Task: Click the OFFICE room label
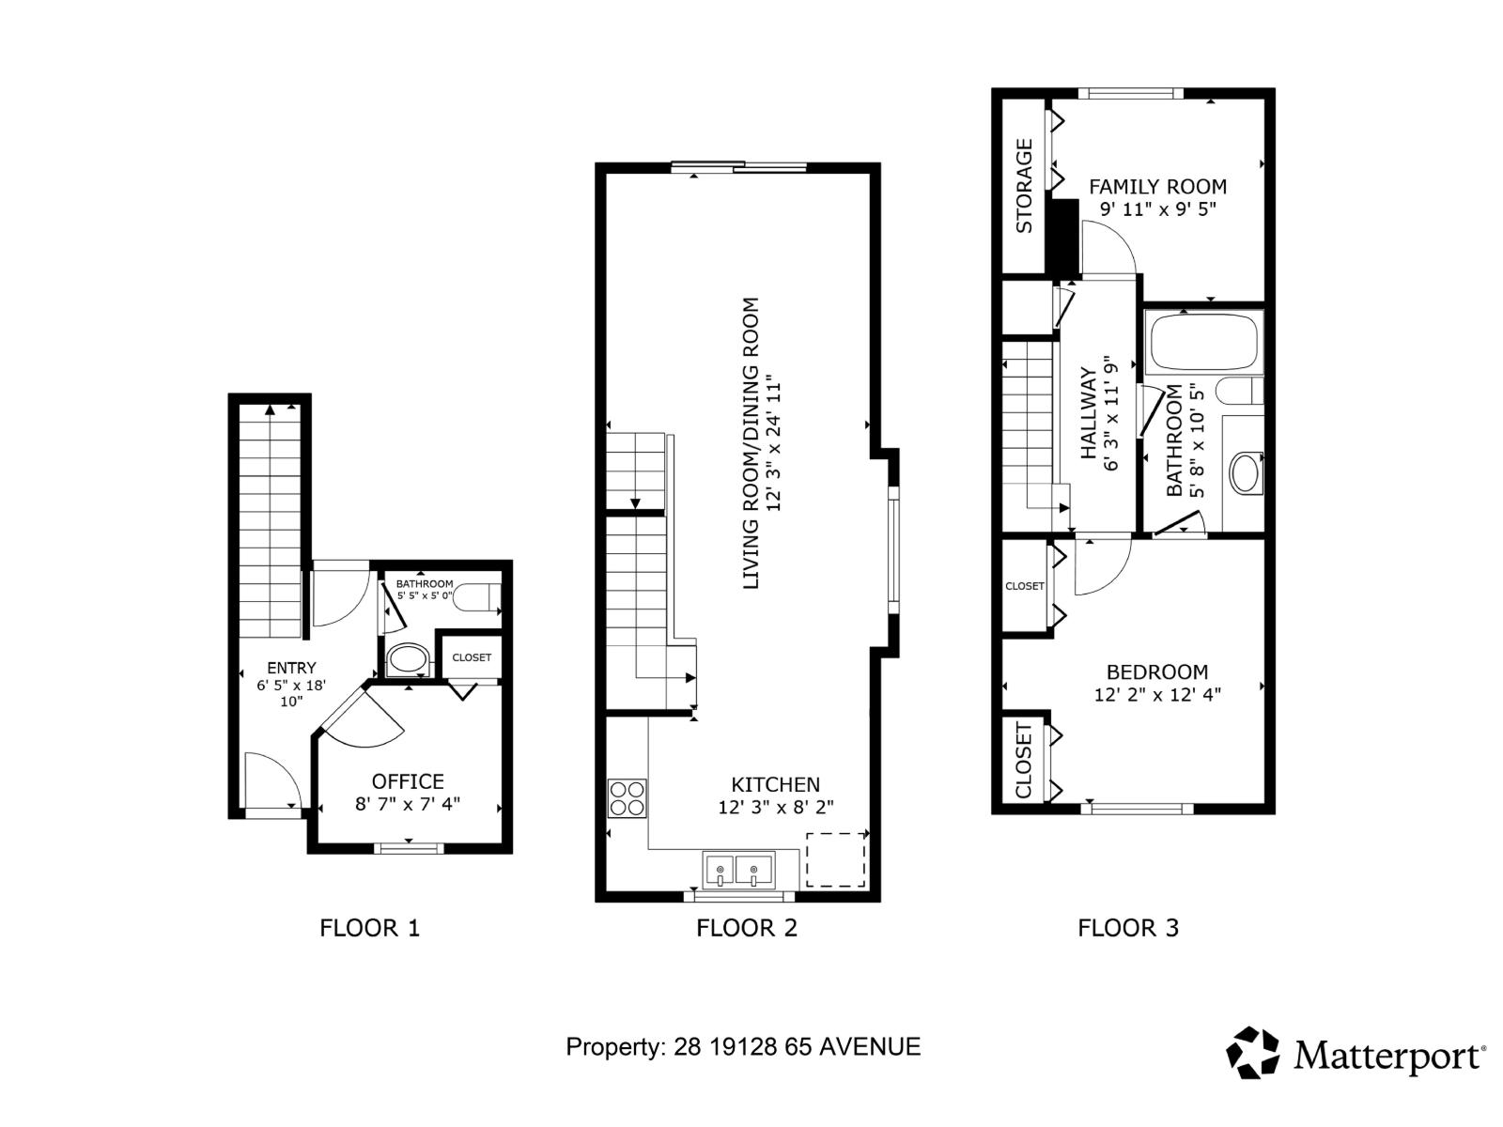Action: pos(408,781)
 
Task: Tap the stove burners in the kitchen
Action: pos(627,798)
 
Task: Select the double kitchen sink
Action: pos(738,870)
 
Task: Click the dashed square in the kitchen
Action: pos(836,859)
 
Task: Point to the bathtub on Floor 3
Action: pos(1203,343)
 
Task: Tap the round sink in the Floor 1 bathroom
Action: pos(407,659)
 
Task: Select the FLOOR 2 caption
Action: pos(747,928)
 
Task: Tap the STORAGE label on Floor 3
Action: pos(1024,186)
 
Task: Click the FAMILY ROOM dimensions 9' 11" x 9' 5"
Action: pos(1157,208)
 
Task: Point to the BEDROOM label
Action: pos(1157,672)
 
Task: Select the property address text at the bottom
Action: pos(743,1046)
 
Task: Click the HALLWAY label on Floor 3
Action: pos(1089,413)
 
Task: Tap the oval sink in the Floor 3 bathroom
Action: pos(1246,473)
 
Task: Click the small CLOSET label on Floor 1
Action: pos(472,657)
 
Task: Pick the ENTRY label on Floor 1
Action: pos(291,668)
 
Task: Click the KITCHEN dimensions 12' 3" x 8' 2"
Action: pos(776,807)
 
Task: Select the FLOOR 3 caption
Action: pos(1127,928)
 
